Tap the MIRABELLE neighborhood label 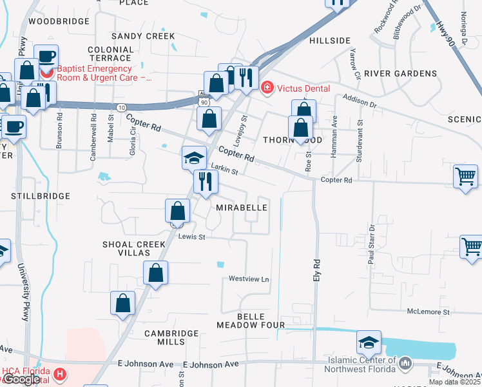click(x=242, y=208)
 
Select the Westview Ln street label click(x=249, y=279)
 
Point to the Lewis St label click(x=191, y=237)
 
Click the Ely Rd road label click(x=316, y=268)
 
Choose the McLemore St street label click(x=429, y=312)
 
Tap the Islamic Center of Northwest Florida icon click(x=405, y=364)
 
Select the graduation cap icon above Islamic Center click(x=368, y=341)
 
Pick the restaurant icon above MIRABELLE click(x=206, y=181)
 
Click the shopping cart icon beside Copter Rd click(x=465, y=176)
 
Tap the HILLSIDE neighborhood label click(x=329, y=40)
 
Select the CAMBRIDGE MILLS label click(x=171, y=337)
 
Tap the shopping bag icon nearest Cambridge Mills click(x=122, y=303)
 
